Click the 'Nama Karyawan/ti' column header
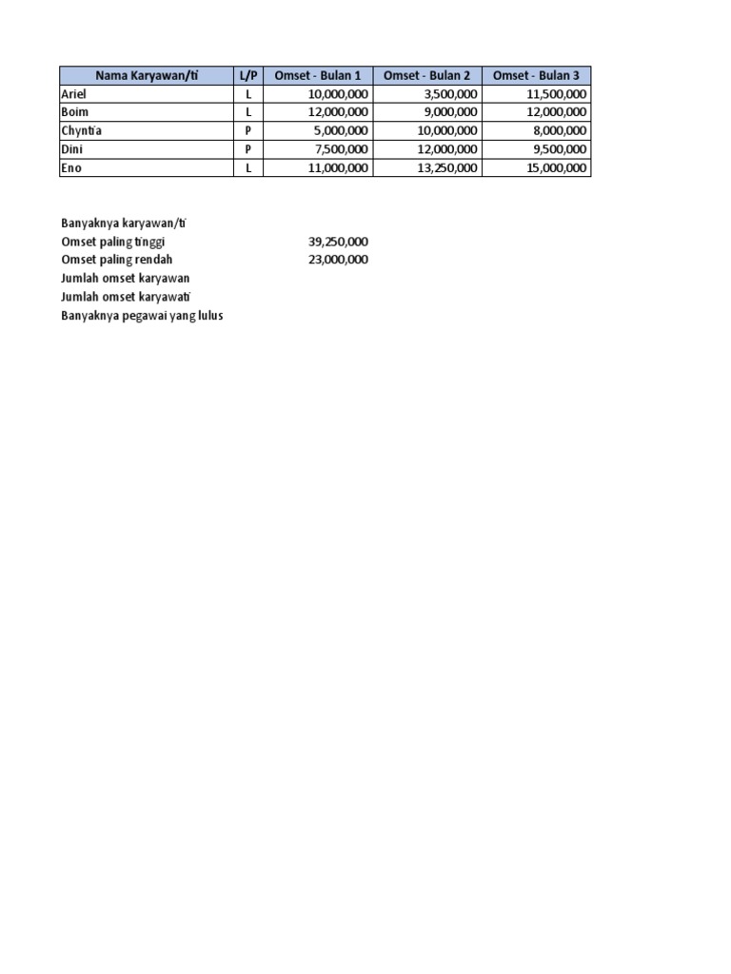click(x=147, y=75)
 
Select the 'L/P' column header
click(x=247, y=75)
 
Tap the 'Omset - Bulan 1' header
click(x=317, y=75)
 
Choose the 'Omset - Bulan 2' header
click(x=426, y=75)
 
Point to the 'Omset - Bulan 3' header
click(x=536, y=75)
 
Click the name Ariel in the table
click(x=73, y=94)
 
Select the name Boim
click(x=74, y=112)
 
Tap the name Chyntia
click(x=81, y=131)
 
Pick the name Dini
click(x=72, y=149)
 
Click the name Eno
click(x=72, y=168)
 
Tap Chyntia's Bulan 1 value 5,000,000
click(x=338, y=131)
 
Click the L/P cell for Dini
click(x=247, y=149)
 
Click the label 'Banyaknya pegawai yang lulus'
click(x=142, y=315)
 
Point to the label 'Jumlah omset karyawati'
click(x=126, y=297)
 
